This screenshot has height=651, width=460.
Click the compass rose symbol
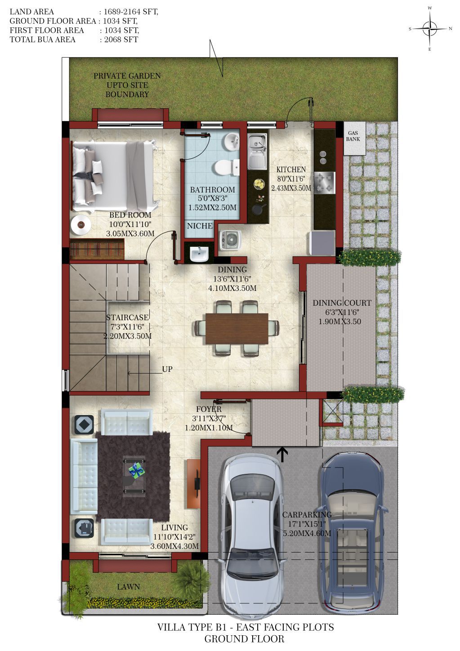[429, 28]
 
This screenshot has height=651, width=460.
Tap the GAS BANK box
[354, 138]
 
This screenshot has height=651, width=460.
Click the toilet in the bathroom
[227, 167]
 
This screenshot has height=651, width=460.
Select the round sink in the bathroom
[231, 142]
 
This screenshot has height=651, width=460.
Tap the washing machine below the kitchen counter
[230, 240]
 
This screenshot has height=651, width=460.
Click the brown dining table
[237, 328]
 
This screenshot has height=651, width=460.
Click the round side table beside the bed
[81, 225]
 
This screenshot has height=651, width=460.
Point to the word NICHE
[200, 226]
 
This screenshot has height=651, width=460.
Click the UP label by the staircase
[167, 370]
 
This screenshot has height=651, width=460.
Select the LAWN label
[129, 587]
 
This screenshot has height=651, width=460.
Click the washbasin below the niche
[199, 254]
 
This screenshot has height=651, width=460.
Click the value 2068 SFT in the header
[121, 40]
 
